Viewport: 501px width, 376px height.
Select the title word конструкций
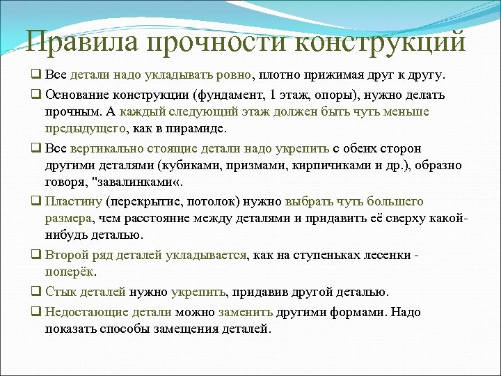coord(381,41)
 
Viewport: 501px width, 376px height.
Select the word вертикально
coord(100,148)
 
